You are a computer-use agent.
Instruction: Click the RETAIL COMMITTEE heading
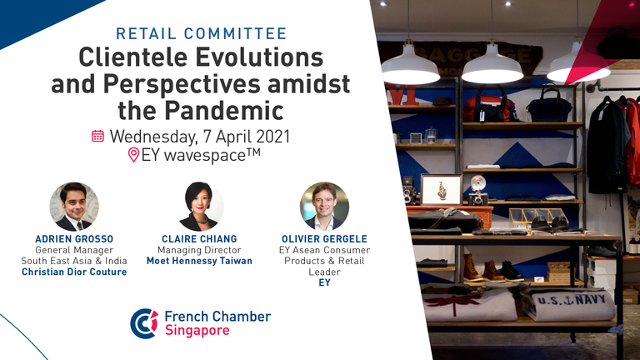(x=201, y=34)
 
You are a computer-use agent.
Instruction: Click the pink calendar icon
(x=97, y=136)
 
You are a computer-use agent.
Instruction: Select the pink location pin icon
(x=133, y=155)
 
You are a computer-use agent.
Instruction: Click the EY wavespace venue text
(x=201, y=155)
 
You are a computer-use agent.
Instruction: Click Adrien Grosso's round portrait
(x=74, y=207)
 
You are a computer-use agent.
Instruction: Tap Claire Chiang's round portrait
(x=199, y=207)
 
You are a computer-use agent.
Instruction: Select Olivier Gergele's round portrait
(x=324, y=207)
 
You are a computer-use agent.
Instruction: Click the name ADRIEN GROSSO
(x=74, y=239)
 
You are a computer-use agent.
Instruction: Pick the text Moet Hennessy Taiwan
(x=199, y=261)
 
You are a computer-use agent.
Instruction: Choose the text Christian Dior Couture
(x=74, y=272)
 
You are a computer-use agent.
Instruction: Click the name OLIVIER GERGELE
(x=324, y=239)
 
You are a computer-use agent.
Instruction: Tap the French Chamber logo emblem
(x=144, y=323)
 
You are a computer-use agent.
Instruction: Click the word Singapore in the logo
(x=197, y=330)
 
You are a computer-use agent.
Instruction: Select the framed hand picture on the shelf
(x=441, y=189)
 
